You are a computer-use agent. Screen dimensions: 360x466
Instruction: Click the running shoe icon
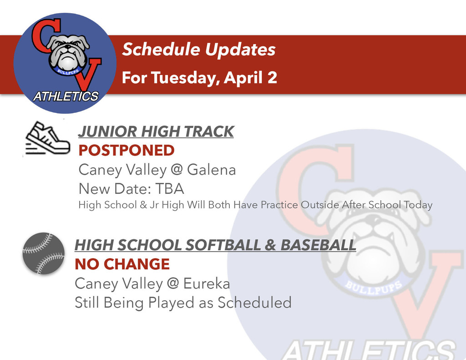tap(47, 138)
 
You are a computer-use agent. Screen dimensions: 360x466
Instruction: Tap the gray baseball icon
tap(44, 254)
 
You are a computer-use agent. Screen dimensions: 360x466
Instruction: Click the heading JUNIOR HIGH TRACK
tap(156, 132)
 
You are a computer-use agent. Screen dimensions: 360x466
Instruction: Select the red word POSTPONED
tap(127, 150)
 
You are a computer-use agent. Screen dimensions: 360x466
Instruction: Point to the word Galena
tap(212, 170)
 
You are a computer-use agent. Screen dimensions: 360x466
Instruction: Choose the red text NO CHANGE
tap(122, 264)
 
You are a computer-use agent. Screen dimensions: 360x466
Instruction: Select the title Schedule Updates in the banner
tap(198, 50)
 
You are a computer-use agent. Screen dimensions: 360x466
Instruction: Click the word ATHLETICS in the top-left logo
tap(66, 96)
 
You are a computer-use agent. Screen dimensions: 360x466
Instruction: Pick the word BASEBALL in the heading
tap(318, 245)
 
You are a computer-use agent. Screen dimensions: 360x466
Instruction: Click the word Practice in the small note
tap(279, 205)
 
